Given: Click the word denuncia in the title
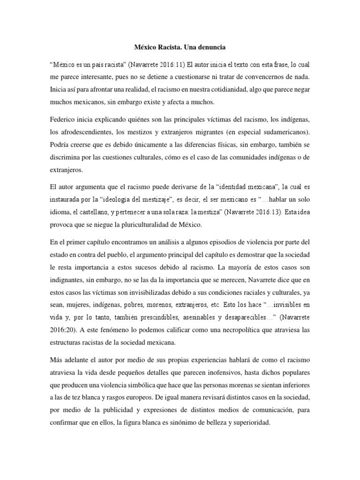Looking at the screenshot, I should click(213, 47).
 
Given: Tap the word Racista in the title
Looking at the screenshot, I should click(161, 47).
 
